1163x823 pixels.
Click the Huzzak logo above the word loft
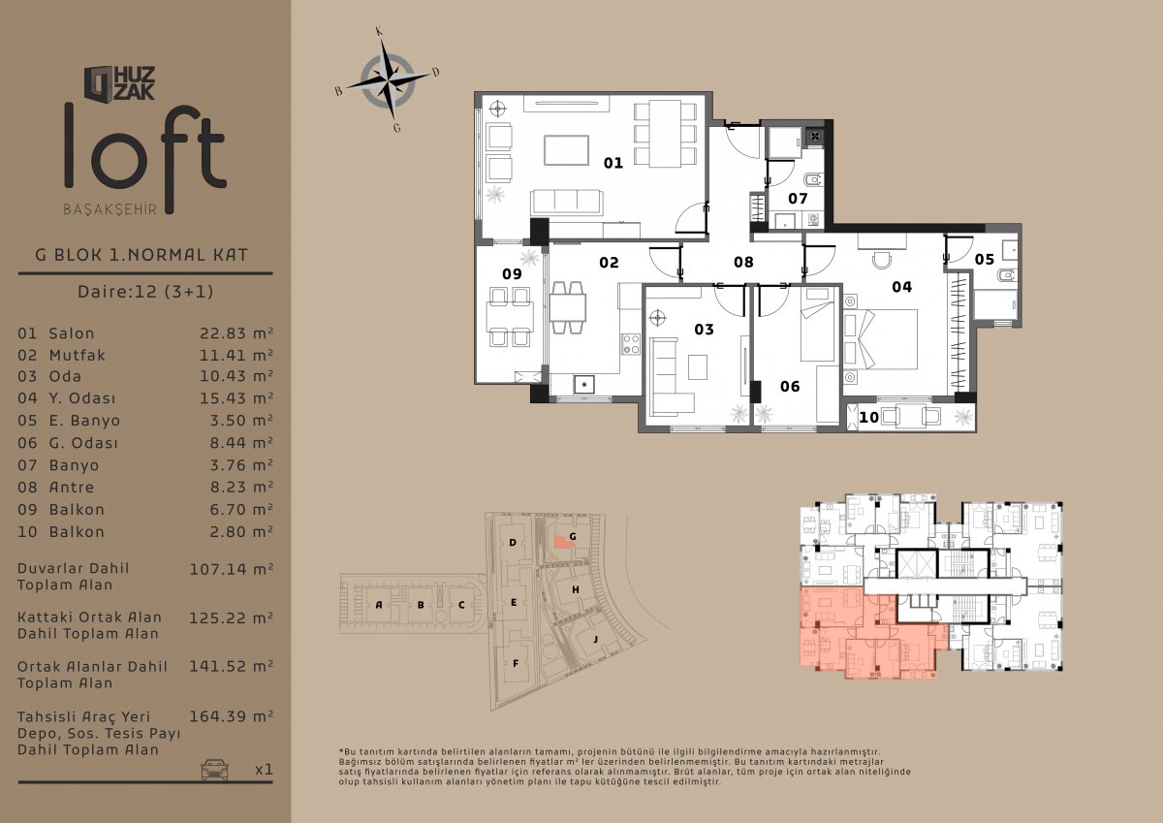tap(119, 83)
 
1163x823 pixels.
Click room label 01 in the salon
tap(613, 163)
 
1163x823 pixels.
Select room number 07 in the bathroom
tap(798, 199)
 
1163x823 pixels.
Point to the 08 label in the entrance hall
tap(743, 262)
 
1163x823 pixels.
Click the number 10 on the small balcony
tap(868, 417)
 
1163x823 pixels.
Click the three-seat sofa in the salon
tap(566, 203)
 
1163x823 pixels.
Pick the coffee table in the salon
tap(566, 150)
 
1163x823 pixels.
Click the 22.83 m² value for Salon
tap(236, 332)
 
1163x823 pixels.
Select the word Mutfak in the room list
tap(77, 355)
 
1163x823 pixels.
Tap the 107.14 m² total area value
tap(231, 569)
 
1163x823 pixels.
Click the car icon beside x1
tap(214, 769)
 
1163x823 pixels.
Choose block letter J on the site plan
tap(595, 639)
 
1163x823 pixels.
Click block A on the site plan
tap(379, 604)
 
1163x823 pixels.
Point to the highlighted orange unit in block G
tap(563, 542)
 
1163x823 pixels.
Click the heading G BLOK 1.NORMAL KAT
tap(141, 255)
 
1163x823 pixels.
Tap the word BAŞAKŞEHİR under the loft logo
tap(110, 209)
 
